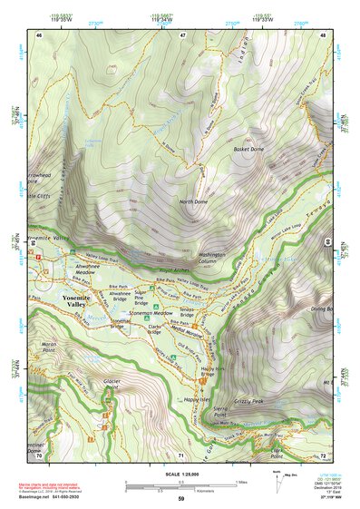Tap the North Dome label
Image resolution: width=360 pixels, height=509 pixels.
[x=193, y=201]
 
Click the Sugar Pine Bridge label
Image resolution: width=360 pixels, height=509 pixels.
[x=145, y=298]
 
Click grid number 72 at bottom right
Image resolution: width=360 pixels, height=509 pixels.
[x=323, y=455]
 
